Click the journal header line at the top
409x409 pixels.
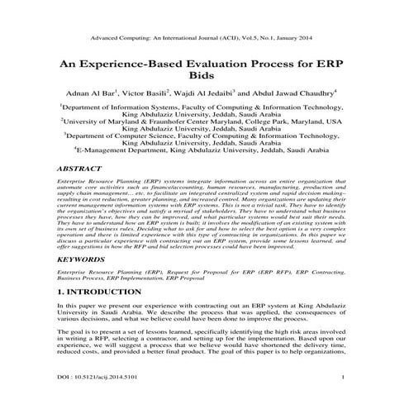pyautogui.click(x=204, y=38)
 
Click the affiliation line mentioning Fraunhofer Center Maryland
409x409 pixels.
pyautogui.click(x=206, y=121)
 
